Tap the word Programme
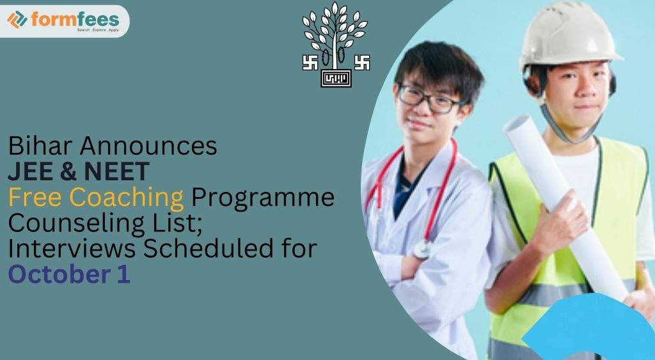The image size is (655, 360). (263, 198)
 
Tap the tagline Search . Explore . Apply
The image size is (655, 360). (97, 30)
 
